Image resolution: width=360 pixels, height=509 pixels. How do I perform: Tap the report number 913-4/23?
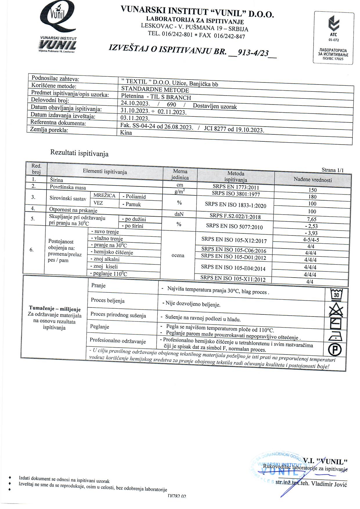[x=253, y=53]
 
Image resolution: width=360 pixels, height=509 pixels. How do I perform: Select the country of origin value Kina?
[x=126, y=133]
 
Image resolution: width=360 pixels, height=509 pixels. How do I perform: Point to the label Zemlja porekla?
[x=49, y=130]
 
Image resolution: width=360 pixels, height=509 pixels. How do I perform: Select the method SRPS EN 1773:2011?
[x=236, y=187]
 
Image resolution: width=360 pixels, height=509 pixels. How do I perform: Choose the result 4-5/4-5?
[x=311, y=240]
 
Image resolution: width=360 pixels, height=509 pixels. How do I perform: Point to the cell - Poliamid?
[x=134, y=197]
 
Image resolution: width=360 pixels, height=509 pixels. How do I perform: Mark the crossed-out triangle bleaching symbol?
[x=336, y=310]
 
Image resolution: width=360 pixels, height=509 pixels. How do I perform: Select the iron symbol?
[x=336, y=336]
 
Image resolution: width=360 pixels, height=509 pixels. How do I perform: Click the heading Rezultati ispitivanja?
[x=79, y=153]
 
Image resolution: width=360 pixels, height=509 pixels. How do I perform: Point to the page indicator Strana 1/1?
[x=332, y=170]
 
